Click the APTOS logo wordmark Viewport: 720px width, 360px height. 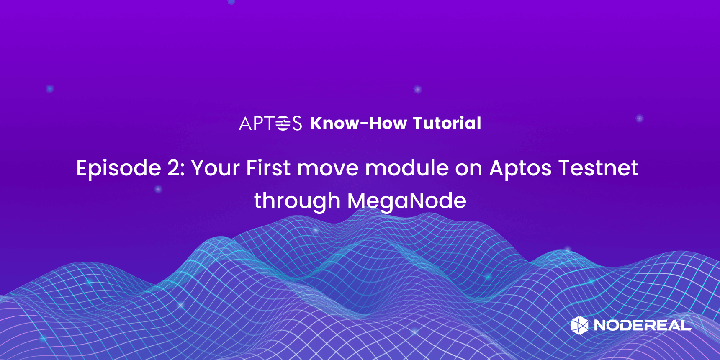[x=270, y=123]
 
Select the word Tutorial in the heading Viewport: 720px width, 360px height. [x=447, y=123]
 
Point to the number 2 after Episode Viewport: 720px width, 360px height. [x=174, y=168]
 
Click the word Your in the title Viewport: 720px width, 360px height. [x=216, y=168]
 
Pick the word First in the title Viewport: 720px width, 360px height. [x=268, y=168]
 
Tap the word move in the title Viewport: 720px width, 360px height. [x=328, y=170]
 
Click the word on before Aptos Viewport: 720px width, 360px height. [x=469, y=170]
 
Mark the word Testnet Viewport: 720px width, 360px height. [x=598, y=168]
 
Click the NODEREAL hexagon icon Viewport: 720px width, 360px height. [x=579, y=325]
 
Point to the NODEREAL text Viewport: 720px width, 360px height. [x=643, y=325]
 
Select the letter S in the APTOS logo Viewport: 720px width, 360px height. [x=297, y=123]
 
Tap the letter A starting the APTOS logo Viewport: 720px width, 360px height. [x=245, y=123]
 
